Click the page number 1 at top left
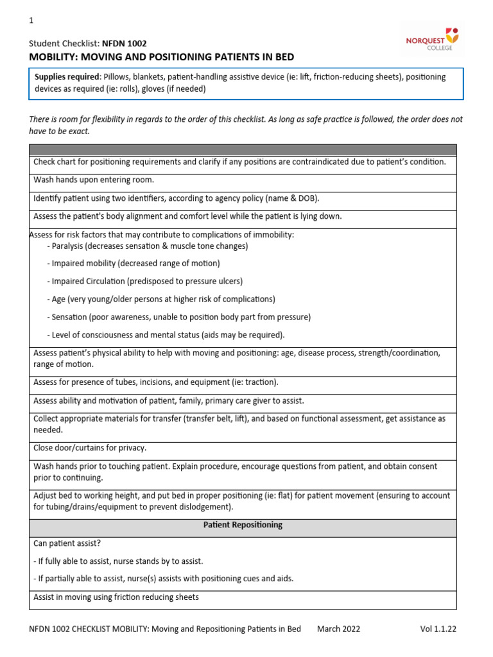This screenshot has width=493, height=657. (31, 21)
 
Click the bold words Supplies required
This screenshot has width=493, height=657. (66, 77)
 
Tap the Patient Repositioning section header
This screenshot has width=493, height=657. (243, 525)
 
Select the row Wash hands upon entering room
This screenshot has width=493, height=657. (94, 180)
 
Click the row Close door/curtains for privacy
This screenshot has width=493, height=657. (90, 448)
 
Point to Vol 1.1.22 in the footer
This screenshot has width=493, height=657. (438, 629)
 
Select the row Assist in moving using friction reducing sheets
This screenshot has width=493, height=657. (116, 597)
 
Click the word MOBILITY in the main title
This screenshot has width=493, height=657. (57, 57)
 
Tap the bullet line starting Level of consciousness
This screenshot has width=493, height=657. (166, 335)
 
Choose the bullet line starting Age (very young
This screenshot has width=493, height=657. (161, 299)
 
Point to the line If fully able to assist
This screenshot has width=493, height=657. (118, 561)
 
